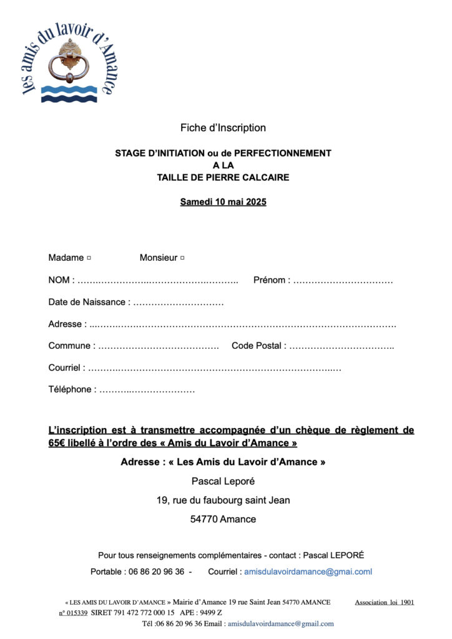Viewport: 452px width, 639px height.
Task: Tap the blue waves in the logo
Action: (69, 94)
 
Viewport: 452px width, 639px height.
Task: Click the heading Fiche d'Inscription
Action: (223, 128)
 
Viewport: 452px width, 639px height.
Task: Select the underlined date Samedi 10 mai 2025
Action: (223, 202)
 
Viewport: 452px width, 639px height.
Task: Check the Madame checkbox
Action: (89, 258)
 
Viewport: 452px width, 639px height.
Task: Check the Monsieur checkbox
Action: (182, 258)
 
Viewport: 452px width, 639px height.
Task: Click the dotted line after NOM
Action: (159, 281)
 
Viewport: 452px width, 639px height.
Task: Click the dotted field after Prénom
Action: (343, 281)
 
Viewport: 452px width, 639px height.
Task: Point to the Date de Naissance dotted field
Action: (179, 303)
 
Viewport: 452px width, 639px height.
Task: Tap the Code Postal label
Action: (258, 346)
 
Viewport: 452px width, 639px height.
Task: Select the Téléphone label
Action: (72, 389)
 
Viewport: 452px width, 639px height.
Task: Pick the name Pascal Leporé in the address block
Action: (223, 481)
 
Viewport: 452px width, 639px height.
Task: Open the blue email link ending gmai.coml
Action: (308, 572)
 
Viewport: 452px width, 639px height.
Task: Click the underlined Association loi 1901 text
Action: (384, 602)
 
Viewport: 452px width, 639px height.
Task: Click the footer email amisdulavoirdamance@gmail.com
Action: (280, 623)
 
